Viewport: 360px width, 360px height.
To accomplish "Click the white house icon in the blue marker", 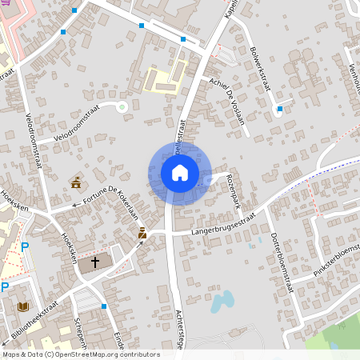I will click(179, 173).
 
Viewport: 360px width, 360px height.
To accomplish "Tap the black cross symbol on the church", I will click(95, 262).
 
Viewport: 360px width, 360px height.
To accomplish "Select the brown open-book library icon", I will click(22, 306).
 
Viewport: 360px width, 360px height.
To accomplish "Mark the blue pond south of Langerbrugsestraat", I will click(221, 302).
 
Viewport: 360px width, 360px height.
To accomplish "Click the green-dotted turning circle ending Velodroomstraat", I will click(122, 106).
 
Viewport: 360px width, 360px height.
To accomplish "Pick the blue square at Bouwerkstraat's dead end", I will click(279, 109).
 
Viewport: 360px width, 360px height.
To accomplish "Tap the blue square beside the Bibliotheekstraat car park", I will click(104, 306).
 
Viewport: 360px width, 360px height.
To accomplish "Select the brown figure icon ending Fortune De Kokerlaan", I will click(142, 233).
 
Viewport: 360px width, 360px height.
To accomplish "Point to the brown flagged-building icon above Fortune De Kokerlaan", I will click(76, 183).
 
